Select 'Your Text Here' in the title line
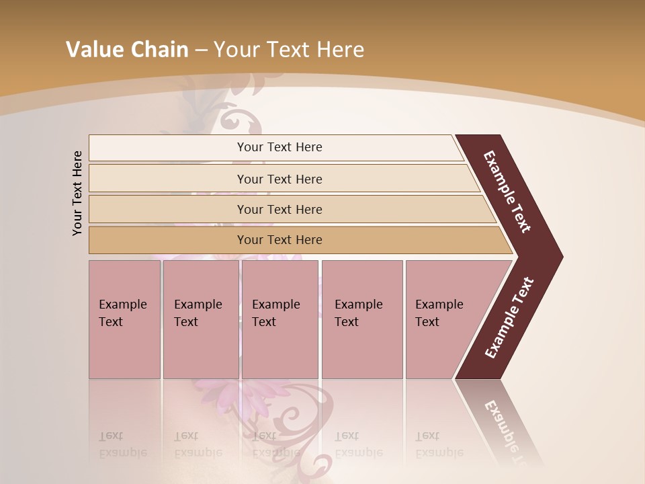[x=288, y=50]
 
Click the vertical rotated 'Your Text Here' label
[x=77, y=193]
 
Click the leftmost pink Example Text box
[x=124, y=319]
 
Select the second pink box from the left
[x=200, y=319]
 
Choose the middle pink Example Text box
[x=279, y=319]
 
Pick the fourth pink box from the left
[x=362, y=319]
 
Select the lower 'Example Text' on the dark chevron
[x=509, y=317]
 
